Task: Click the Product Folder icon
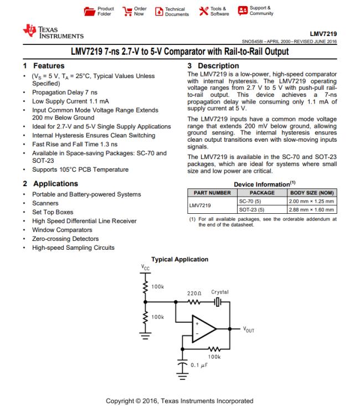point(88,11)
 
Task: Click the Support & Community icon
point(242,11)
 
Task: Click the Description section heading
point(214,65)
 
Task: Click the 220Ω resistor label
point(193,292)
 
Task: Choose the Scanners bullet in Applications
point(46,203)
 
